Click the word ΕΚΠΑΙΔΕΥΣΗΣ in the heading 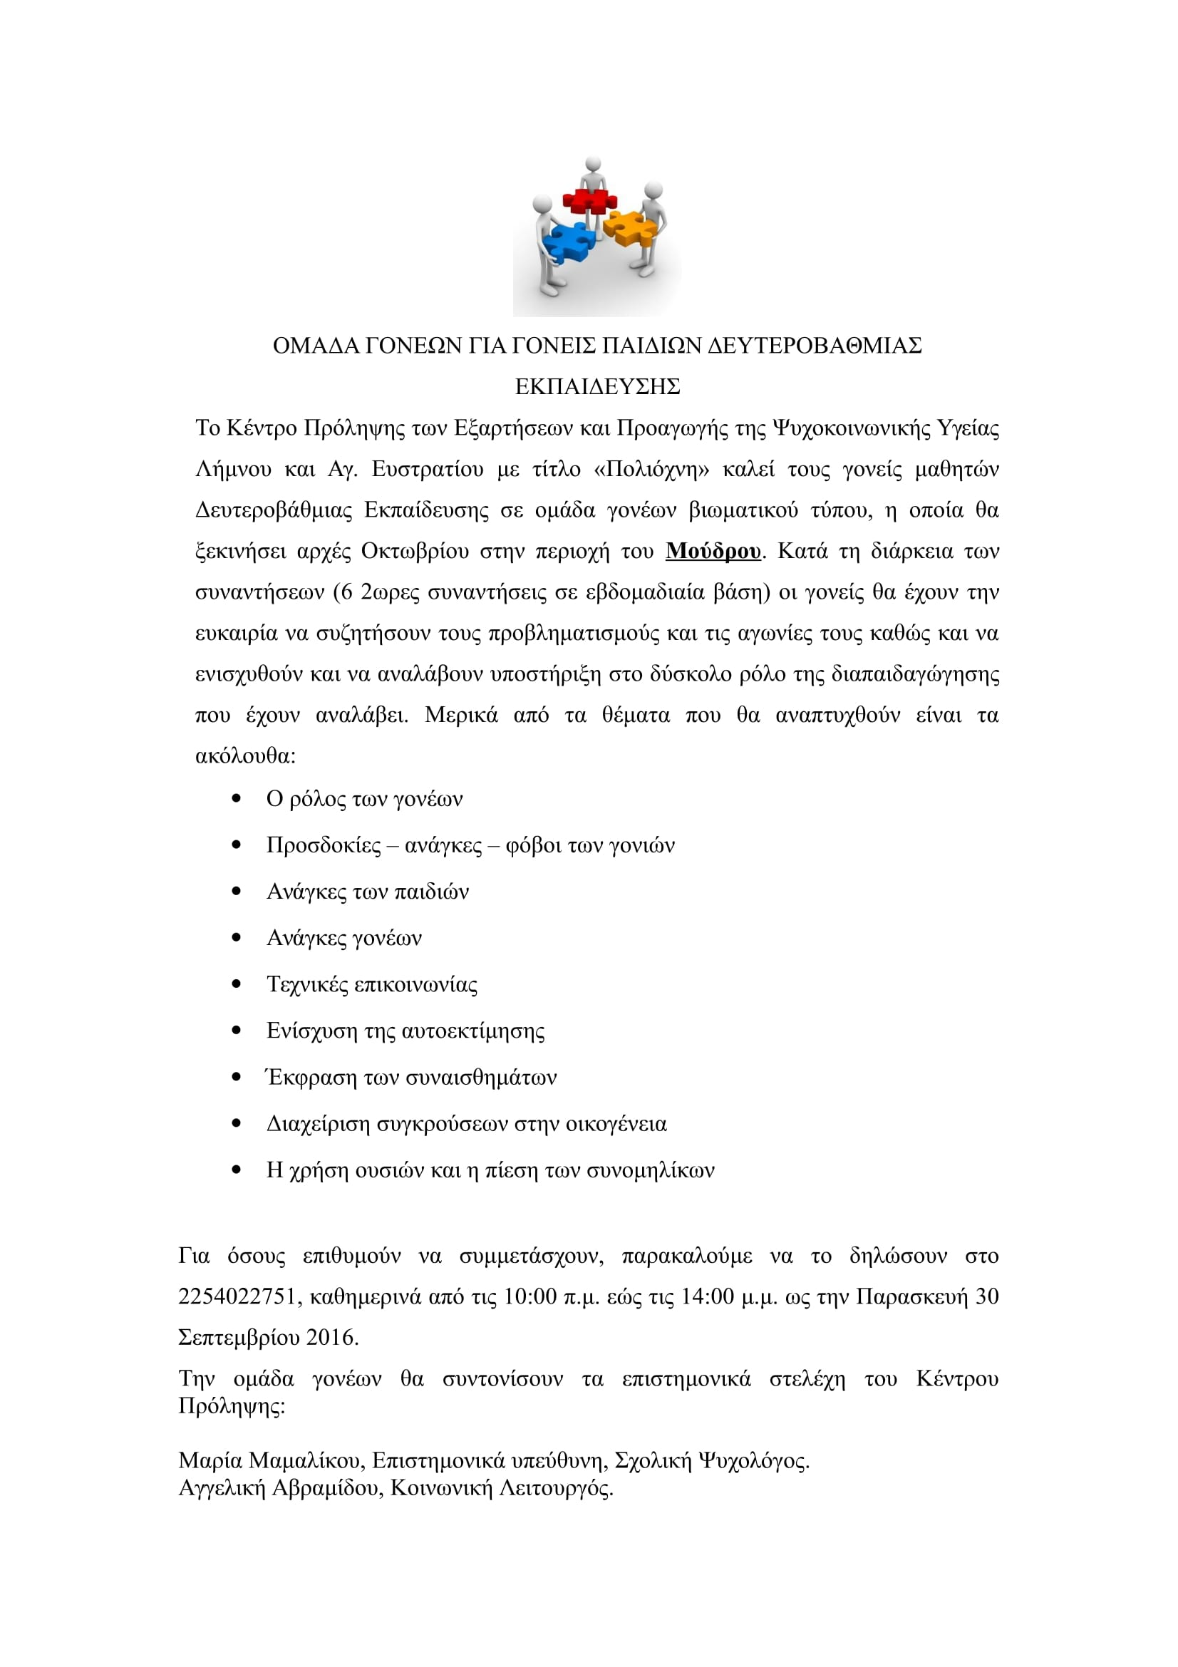[x=597, y=387]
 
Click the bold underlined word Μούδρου [x=713, y=551]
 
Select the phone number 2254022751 [x=237, y=1296]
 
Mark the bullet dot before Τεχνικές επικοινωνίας [x=236, y=984]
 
